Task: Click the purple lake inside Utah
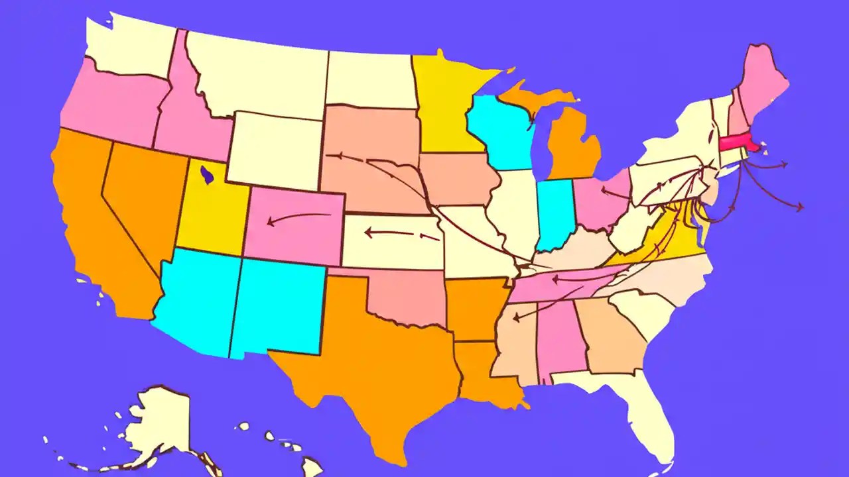tap(207, 176)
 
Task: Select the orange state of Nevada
tap(139, 199)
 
